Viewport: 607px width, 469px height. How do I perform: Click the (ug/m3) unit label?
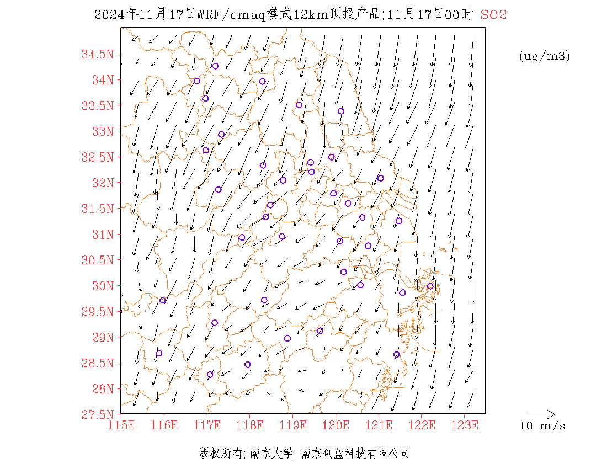click(544, 56)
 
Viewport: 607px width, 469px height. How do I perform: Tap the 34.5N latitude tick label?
click(98, 54)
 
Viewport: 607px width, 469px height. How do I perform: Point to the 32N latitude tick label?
click(102, 183)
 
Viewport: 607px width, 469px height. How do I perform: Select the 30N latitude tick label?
click(102, 286)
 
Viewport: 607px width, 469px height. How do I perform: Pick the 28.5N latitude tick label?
click(98, 363)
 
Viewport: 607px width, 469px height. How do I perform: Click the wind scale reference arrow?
click(541, 413)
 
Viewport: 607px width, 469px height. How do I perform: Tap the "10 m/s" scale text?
click(543, 426)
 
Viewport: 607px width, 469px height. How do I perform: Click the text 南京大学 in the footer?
click(270, 454)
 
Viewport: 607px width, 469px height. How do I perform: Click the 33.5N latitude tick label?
click(98, 105)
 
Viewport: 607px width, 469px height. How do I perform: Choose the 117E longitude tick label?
click(207, 425)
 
